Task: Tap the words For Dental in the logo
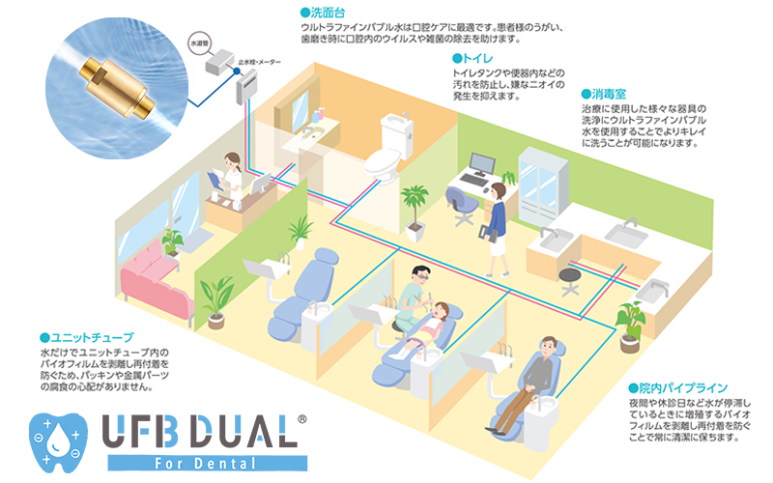[213, 462]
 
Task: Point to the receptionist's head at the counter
[232, 159]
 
